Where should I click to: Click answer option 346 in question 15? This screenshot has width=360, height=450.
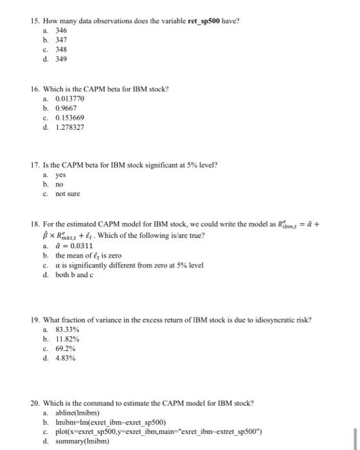(61, 30)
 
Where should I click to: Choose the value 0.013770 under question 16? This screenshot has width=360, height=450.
(70, 98)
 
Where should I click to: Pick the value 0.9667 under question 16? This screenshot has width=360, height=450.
(66, 109)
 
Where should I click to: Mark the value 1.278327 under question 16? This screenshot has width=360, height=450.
(70, 129)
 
